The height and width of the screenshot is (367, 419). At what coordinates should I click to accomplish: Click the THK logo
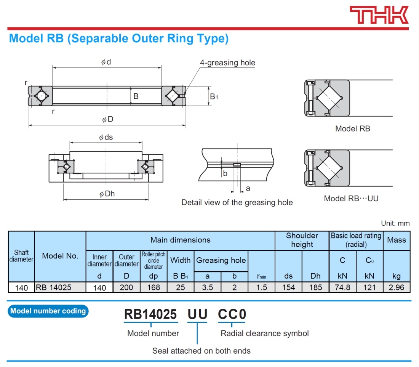coord(379,15)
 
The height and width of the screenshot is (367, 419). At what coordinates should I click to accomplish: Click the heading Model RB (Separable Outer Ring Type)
coord(118,39)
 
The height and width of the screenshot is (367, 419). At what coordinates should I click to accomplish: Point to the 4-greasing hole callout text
coord(227,63)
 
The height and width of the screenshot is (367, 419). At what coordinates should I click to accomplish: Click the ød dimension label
coord(106,62)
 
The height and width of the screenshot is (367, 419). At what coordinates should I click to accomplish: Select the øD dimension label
coord(107,119)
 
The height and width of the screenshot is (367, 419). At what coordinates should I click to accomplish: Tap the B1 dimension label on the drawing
coord(214,97)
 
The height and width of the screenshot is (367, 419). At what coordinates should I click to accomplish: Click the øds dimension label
coord(106,137)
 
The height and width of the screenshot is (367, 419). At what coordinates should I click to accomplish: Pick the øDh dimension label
coord(107,194)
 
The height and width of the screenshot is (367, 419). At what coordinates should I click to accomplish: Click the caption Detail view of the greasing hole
coord(237,202)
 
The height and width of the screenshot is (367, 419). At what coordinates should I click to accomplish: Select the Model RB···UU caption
coord(351,199)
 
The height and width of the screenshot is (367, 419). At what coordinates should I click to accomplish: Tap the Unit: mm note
coord(395,223)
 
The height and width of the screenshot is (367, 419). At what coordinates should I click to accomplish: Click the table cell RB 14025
coord(54,287)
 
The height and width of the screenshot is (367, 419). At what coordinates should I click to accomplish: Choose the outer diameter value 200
coord(126,287)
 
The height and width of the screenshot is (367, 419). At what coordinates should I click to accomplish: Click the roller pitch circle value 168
coord(154,287)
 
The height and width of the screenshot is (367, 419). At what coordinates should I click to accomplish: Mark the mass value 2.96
coord(397,287)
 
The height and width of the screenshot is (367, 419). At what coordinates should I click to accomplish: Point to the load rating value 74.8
coord(342,287)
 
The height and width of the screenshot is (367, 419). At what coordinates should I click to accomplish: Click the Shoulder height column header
coord(302,240)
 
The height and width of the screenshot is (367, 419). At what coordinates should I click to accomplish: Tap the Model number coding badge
coord(48,311)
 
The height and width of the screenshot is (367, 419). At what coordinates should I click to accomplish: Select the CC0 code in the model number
coord(232,314)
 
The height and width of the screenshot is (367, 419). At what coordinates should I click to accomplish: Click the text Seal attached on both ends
coord(201,351)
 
